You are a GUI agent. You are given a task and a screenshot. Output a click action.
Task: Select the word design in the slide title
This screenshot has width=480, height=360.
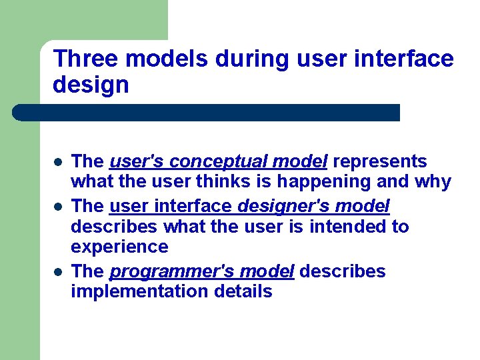tap(91, 85)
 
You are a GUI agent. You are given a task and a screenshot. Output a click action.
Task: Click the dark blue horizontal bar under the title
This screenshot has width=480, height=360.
tap(207, 112)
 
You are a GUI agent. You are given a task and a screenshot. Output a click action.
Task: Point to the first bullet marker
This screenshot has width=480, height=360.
tap(58, 162)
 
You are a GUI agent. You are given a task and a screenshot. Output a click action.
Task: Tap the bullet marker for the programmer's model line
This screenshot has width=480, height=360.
tap(58, 272)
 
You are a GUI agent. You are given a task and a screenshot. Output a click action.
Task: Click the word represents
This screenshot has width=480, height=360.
tap(380, 161)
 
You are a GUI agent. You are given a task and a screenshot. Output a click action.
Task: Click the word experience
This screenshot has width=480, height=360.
tap(119, 247)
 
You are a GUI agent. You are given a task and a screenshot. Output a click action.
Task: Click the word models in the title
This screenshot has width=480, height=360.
tap(167, 59)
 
